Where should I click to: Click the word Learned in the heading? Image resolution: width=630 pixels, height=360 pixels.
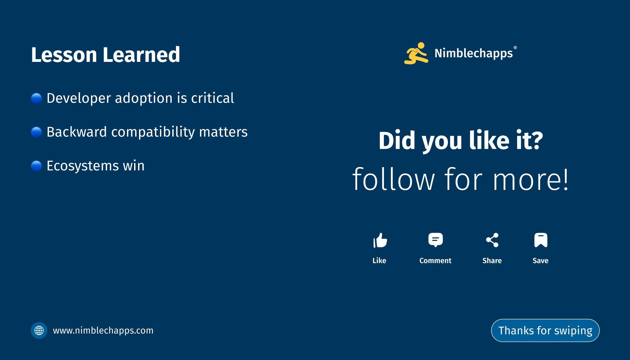(x=141, y=54)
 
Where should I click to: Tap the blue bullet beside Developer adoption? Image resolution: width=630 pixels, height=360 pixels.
(x=36, y=98)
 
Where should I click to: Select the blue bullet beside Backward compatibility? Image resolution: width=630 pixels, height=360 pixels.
(x=36, y=132)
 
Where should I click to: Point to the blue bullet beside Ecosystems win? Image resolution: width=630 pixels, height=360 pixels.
(x=36, y=166)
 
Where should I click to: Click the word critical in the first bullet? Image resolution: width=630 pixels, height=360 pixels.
(x=213, y=98)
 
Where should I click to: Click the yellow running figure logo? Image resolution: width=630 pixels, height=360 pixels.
(x=416, y=53)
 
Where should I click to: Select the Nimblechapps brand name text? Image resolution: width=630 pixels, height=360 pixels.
(x=473, y=53)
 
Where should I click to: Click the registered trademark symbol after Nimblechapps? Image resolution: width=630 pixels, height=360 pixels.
(x=515, y=48)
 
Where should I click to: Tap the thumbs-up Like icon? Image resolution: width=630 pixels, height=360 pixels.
(x=380, y=240)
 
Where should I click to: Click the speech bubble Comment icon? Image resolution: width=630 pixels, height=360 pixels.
(x=436, y=240)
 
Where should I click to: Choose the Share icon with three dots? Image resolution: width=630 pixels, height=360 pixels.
(x=492, y=240)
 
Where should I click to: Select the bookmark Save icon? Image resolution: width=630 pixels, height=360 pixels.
(x=541, y=240)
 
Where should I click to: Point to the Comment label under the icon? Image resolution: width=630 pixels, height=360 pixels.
(x=435, y=261)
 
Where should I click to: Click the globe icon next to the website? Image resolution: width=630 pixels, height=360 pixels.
(x=39, y=330)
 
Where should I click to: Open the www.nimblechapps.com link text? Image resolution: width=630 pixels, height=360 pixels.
(x=103, y=331)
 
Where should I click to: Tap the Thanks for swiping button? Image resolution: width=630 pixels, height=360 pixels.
(x=545, y=330)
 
